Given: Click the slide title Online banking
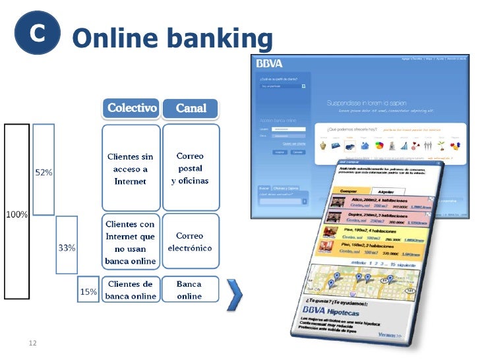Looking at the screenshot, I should point(172,38).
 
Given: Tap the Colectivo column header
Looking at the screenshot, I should point(132,108).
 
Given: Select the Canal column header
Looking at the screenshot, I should point(191,108).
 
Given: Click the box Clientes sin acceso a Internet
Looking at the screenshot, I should point(131,169).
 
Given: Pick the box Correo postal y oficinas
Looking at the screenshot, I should point(190,169).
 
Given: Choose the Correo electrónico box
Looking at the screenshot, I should point(190,242).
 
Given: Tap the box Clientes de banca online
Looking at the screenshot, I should point(131,289).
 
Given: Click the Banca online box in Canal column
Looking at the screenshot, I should point(190,289).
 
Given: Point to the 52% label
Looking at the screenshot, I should point(44,172).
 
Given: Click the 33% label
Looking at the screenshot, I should point(67,248).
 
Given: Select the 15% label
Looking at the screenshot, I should point(88,291).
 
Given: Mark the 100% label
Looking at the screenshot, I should point(16,214).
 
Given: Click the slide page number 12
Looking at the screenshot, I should point(32,343).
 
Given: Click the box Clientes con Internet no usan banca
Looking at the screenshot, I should point(131,242).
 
